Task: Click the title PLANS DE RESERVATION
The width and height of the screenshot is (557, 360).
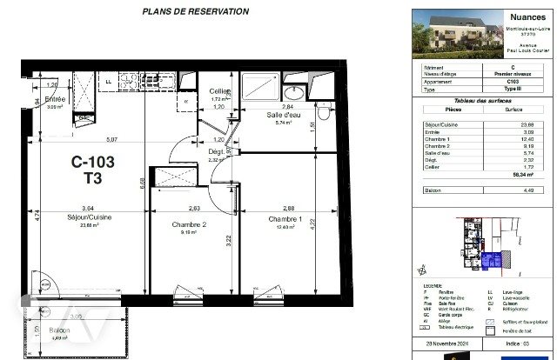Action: [x=195, y=11]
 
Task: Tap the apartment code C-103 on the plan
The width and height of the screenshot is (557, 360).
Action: [x=92, y=162]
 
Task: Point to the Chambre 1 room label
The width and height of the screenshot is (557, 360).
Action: [x=284, y=219]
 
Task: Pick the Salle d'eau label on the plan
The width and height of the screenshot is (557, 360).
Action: [x=283, y=115]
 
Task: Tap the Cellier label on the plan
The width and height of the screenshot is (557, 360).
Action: [x=219, y=92]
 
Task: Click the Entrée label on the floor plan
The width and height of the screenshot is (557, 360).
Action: [x=56, y=99]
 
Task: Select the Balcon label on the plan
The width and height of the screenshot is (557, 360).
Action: [x=59, y=330]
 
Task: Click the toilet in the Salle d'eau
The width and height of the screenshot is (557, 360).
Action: [x=323, y=111]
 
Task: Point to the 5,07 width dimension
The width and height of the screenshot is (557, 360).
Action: [x=112, y=139]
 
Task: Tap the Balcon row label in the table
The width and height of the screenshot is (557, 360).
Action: [x=431, y=190]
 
